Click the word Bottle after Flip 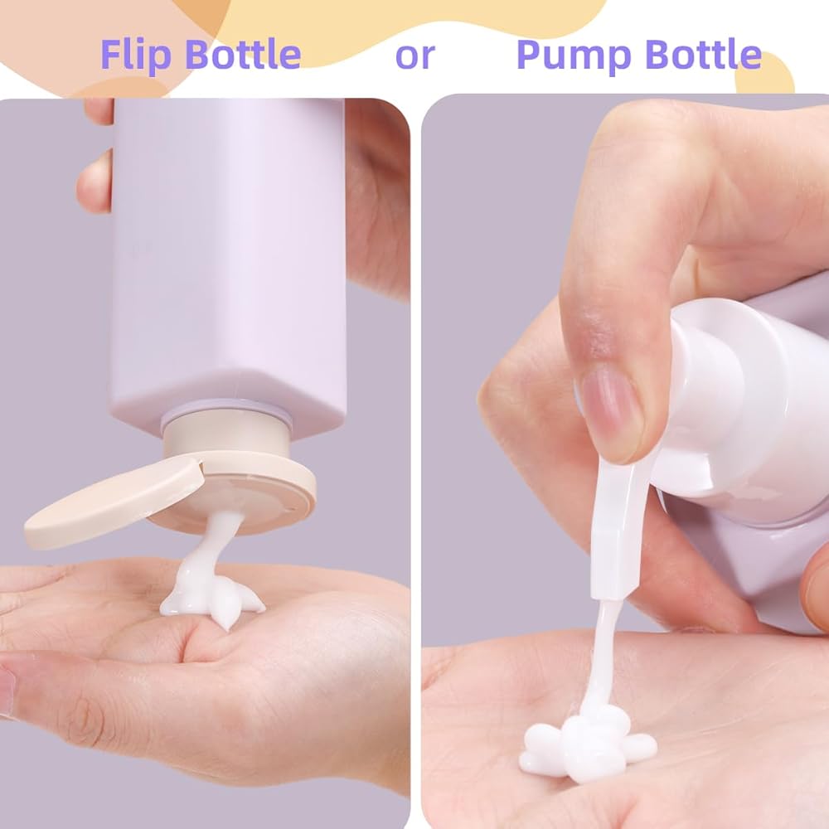click(x=243, y=54)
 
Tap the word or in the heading click(x=415, y=56)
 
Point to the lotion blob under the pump click(x=588, y=740)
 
